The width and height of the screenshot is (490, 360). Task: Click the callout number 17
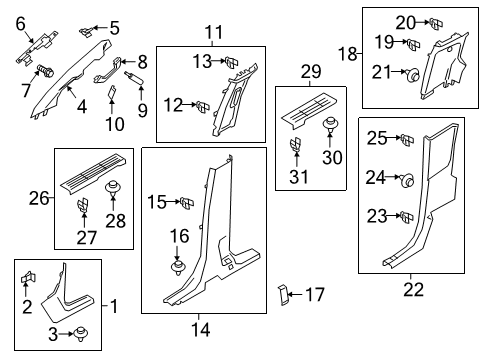tap(314, 295)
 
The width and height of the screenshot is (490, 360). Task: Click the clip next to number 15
tap(186, 204)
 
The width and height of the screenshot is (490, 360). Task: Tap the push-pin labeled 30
tap(330, 124)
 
